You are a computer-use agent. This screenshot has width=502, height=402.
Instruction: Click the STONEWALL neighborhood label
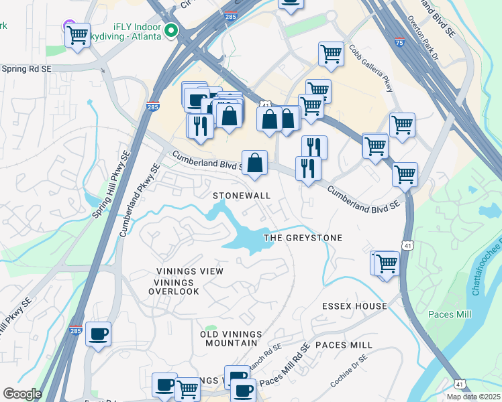pos(242,196)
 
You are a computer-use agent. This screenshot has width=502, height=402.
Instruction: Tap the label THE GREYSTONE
pos(303,238)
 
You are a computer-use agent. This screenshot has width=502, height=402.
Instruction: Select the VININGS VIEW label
pos(189,271)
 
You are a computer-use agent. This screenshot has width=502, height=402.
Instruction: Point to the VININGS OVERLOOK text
pos(174,286)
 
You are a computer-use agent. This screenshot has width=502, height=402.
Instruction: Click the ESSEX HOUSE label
pos(354,306)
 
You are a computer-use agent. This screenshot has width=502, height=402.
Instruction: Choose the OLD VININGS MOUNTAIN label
pos(229,338)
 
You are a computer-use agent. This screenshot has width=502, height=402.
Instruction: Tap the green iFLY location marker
pos(172,30)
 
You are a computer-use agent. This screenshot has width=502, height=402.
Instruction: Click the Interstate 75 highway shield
pos(401,42)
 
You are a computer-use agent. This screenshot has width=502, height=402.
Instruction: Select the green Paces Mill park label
pos(450,314)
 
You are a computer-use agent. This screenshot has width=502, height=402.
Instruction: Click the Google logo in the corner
pos(21,394)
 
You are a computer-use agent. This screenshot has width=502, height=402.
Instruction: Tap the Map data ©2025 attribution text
pos(472,397)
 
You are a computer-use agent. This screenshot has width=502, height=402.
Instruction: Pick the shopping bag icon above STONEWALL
pos(255,163)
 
